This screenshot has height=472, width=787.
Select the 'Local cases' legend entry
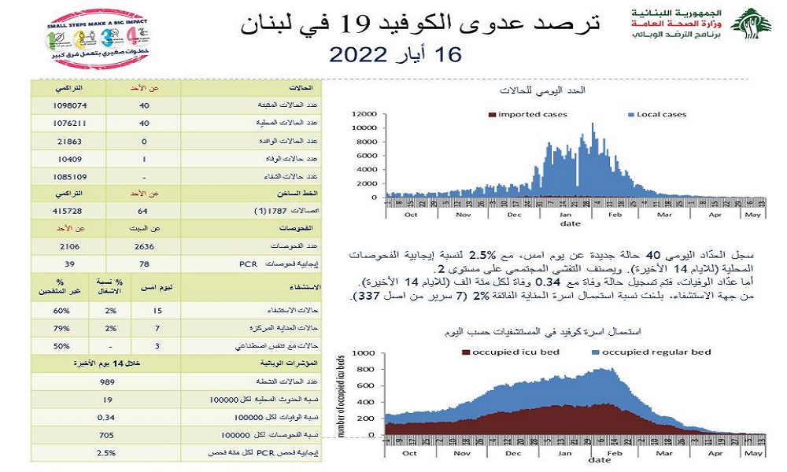(x=656, y=115)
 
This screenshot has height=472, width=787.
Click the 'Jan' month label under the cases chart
(x=567, y=213)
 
